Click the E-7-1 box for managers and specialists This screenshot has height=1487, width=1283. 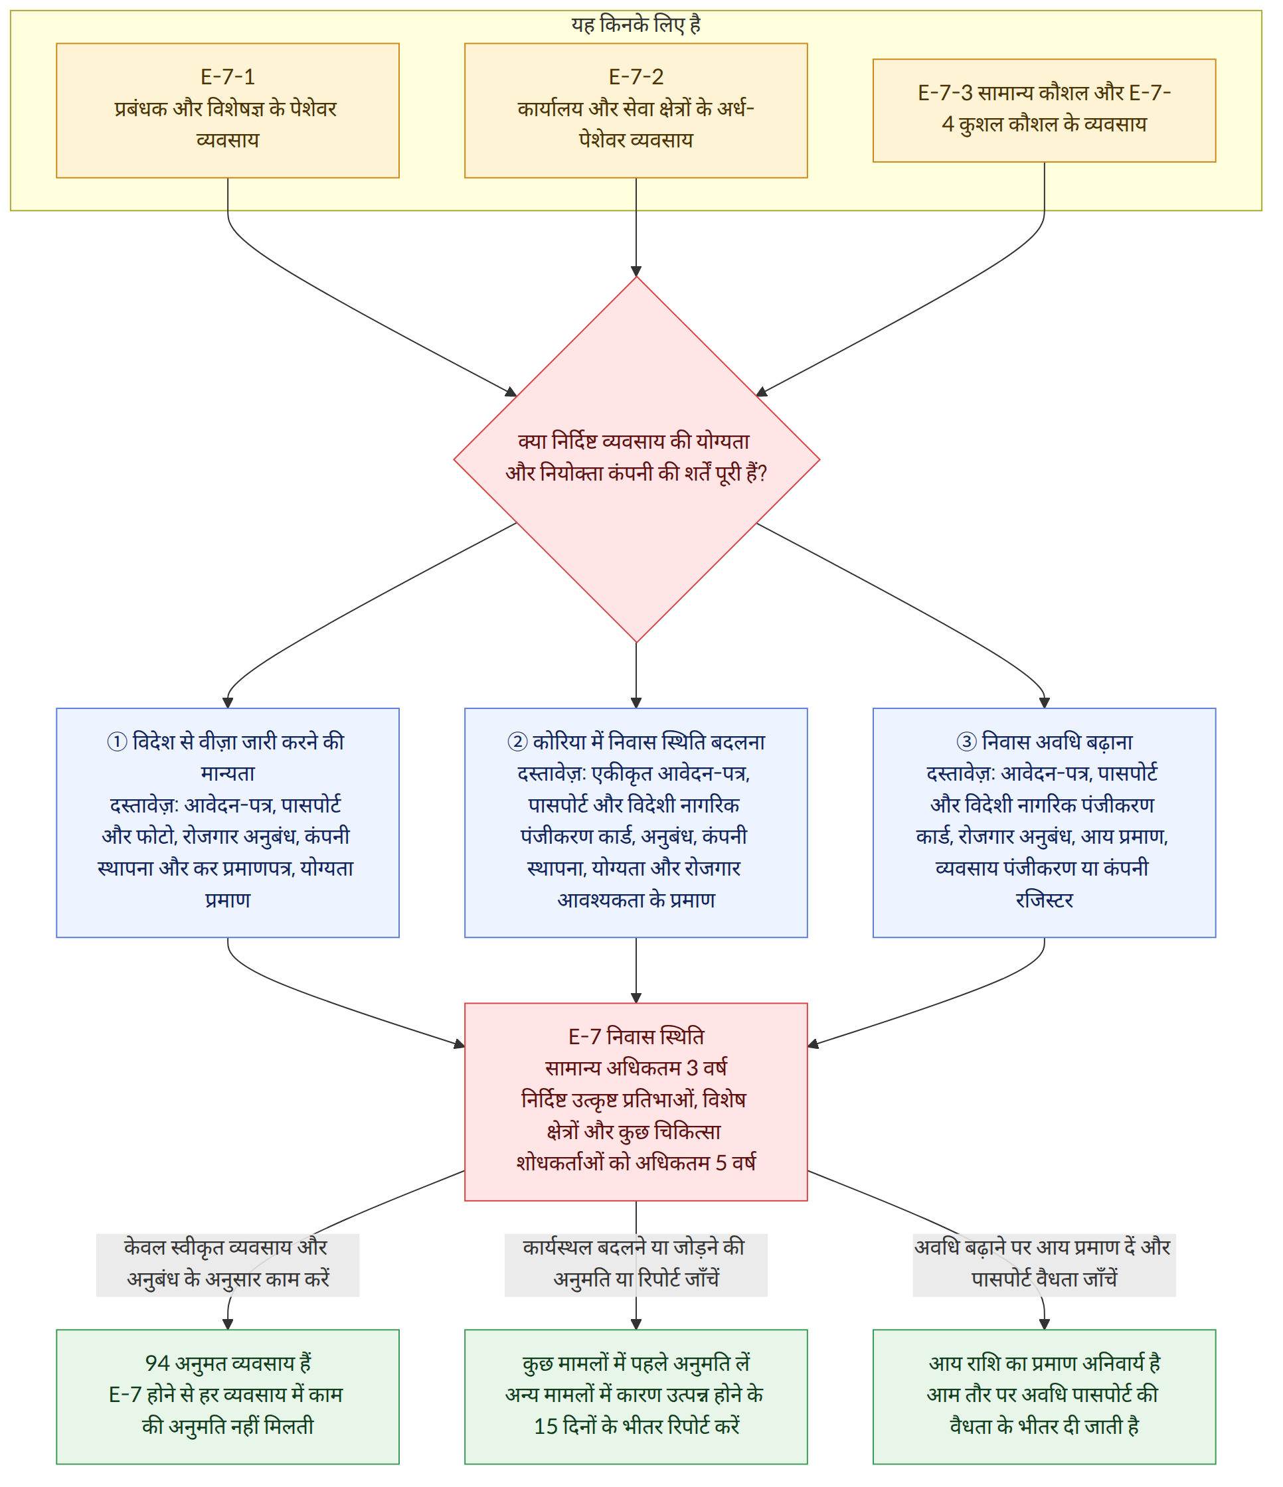pyautogui.click(x=228, y=110)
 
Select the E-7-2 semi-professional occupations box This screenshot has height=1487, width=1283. pyautogui.click(x=636, y=110)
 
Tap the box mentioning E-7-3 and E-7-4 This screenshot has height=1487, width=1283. pyautogui.click(x=1044, y=110)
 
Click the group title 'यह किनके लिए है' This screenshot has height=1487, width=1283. pyautogui.click(x=636, y=25)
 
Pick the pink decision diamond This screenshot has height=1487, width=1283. pyautogui.click(x=637, y=460)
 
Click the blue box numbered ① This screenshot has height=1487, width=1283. pyautogui.click(x=228, y=822)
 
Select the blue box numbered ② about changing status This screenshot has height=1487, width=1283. pyautogui.click(x=636, y=822)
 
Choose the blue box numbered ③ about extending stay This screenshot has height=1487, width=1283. pyautogui.click(x=1044, y=822)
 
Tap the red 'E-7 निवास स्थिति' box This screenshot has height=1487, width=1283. pyautogui.click(x=636, y=1101)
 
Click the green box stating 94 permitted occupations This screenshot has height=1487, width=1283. pyautogui.click(x=228, y=1397)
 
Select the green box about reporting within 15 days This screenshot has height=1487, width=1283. pyautogui.click(x=636, y=1397)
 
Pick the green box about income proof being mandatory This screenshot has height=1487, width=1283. pyautogui.click(x=1044, y=1397)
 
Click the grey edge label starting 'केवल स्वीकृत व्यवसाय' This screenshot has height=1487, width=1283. pyautogui.click(x=228, y=1265)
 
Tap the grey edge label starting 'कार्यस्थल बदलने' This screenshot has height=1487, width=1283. pyautogui.click(x=636, y=1265)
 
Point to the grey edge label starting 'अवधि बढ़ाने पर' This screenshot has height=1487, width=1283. pyautogui.click(x=1044, y=1265)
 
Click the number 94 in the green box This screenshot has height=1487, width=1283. pyautogui.click(x=157, y=1364)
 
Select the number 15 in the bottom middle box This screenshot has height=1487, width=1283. pyautogui.click(x=546, y=1427)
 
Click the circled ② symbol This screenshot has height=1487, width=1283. pyautogui.click(x=518, y=742)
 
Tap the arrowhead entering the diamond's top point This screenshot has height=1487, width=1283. pyautogui.click(x=636, y=272)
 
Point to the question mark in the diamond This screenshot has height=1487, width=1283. pyautogui.click(x=762, y=473)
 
